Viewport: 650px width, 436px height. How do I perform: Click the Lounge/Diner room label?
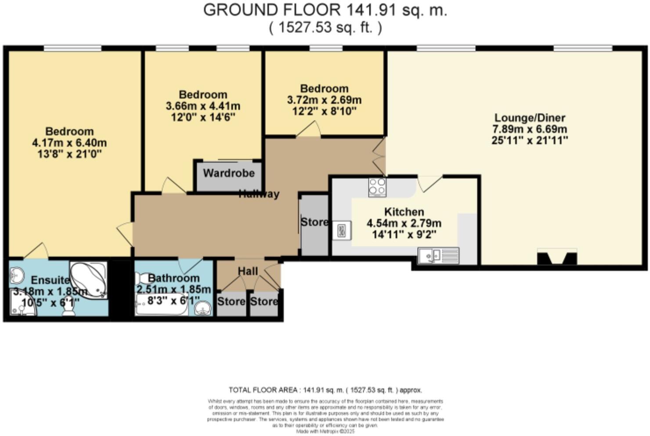tap(529, 118)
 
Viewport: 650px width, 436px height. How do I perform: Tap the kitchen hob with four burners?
tap(377, 186)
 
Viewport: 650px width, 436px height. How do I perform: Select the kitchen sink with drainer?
tap(438, 255)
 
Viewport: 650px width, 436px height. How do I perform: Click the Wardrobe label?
tap(228, 173)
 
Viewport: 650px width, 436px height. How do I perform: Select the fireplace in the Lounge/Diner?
tap(556, 257)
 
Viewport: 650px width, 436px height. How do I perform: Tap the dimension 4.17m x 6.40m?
tap(69, 143)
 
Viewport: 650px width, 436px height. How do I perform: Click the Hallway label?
tap(259, 194)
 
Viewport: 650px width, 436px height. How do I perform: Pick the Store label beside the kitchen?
tap(314, 222)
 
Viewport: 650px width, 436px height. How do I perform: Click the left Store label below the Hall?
tap(231, 302)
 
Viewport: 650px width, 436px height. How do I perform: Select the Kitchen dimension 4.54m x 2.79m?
tap(404, 223)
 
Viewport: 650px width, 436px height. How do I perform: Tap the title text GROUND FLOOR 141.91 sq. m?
tap(325, 10)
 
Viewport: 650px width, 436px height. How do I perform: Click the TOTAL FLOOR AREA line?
tap(325, 390)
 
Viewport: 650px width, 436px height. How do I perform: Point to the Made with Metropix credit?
tap(325, 432)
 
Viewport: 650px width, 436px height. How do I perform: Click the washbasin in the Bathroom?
tap(203, 309)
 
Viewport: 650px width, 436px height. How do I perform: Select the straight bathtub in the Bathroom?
tap(162, 305)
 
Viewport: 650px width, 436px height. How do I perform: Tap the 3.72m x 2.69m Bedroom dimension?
tap(324, 100)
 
